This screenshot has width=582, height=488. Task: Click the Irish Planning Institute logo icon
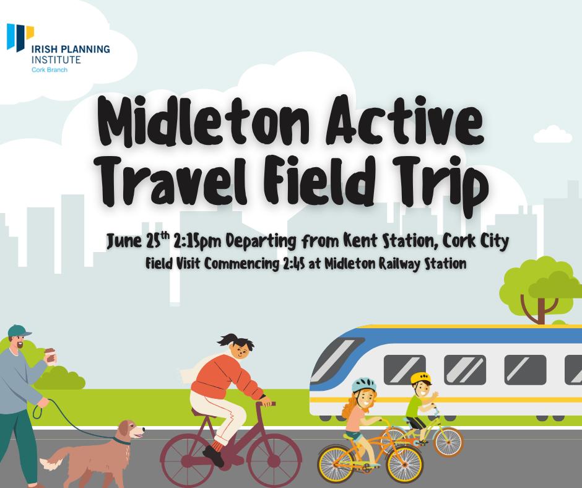click(x=20, y=37)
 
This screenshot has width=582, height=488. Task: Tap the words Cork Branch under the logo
click(x=50, y=70)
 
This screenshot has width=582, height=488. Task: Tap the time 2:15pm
click(x=198, y=242)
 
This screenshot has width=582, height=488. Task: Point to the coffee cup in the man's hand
click(x=50, y=355)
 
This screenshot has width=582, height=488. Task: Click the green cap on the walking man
click(x=19, y=331)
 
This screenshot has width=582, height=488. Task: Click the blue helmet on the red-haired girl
click(x=363, y=385)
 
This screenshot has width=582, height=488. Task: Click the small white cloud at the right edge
click(x=553, y=134)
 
